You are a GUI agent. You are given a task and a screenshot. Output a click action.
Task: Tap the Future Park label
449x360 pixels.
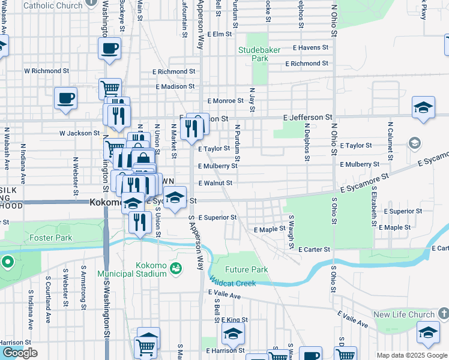pyautogui.click(x=247, y=269)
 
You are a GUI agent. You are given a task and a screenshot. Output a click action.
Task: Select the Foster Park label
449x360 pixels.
pyautogui.click(x=51, y=238)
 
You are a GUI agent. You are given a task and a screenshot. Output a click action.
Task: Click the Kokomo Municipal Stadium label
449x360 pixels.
pyautogui.click(x=142, y=270)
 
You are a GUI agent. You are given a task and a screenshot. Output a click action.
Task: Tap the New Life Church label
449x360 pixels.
pyautogui.click(x=403, y=314)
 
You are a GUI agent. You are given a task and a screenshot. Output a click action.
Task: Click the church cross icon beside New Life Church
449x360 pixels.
pyautogui.click(x=442, y=313)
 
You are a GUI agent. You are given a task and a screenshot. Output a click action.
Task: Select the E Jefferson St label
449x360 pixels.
pyautogui.click(x=308, y=117)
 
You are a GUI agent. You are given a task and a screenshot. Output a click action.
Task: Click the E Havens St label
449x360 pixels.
pyautogui.click(x=310, y=47)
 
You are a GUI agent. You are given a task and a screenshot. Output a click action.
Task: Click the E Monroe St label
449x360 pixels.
pyautogui.click(x=225, y=101)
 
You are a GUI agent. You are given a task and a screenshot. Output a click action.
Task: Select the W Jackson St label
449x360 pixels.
pyautogui.click(x=79, y=133)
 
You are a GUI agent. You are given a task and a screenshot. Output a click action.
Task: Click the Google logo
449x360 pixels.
pyautogui.click(x=19, y=353)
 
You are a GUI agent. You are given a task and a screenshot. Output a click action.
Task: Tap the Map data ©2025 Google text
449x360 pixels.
pyautogui.click(x=411, y=355)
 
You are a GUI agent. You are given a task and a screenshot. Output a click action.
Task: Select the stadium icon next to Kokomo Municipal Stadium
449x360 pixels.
pyautogui.click(x=175, y=267)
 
